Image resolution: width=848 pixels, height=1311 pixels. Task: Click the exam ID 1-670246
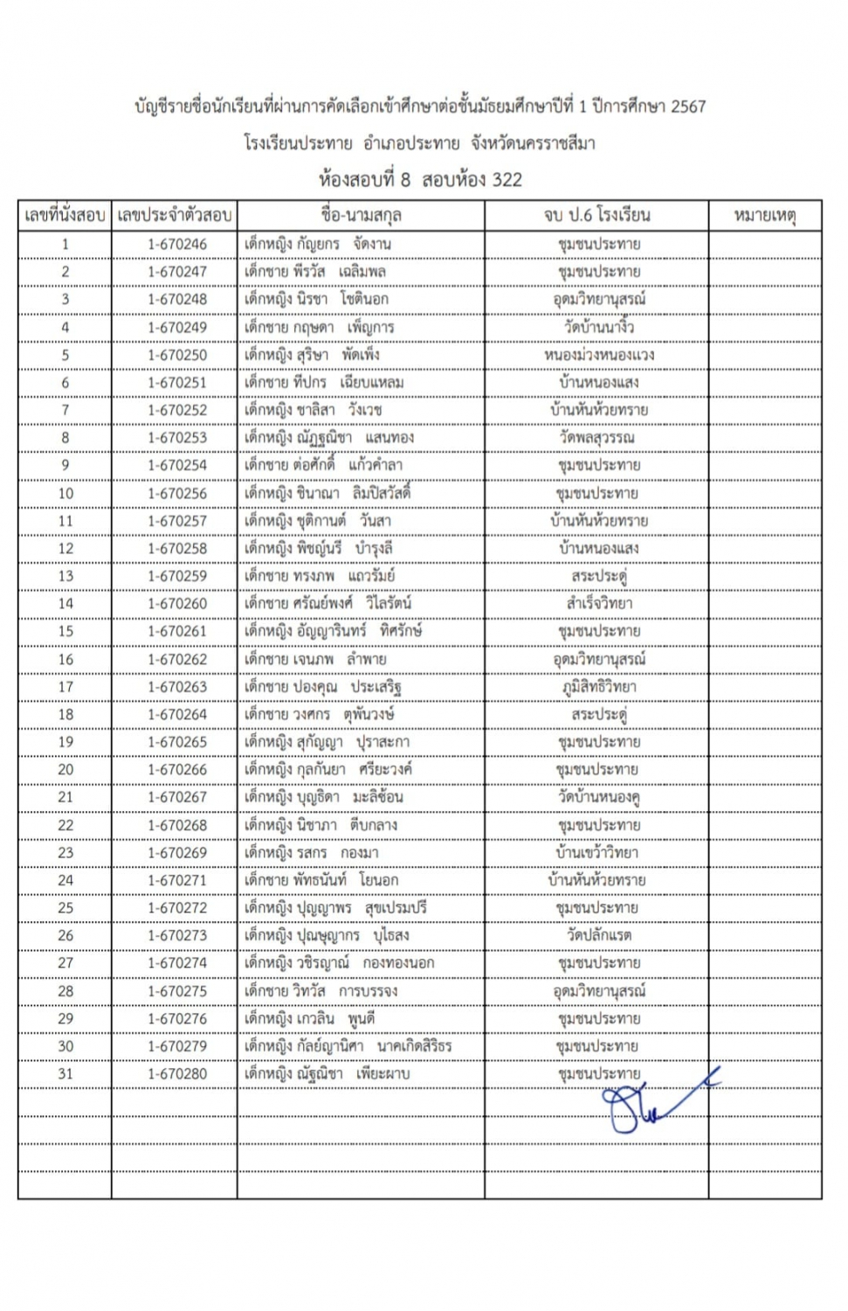coord(177,245)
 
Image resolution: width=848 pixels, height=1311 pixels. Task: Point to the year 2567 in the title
coord(688,107)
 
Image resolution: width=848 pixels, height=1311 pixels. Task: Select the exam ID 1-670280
coord(177,1074)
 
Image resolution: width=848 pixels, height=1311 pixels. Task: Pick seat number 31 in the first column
coord(65,1074)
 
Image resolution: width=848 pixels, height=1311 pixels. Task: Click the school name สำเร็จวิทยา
coord(599,604)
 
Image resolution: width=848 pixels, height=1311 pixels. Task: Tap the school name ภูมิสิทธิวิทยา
coord(599,687)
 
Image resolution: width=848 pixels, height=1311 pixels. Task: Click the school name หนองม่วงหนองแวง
coord(599,356)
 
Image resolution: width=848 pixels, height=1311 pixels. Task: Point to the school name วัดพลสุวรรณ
coord(599,438)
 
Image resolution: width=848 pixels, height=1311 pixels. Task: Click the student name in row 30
coord(348,1047)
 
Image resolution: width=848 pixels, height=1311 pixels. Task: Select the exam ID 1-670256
coord(177,494)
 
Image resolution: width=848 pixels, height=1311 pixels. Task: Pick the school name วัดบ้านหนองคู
coord(599,798)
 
